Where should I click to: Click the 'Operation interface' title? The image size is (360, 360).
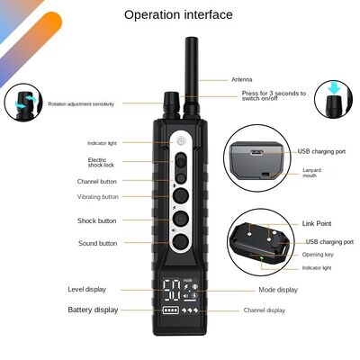(178, 14)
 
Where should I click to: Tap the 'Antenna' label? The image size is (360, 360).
(242, 79)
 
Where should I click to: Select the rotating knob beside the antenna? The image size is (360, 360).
(171, 105)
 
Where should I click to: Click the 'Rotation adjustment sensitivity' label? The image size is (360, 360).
(81, 104)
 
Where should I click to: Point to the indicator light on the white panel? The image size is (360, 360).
(181, 141)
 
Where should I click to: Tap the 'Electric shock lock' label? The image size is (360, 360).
(101, 162)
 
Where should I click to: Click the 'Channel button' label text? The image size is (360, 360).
(97, 182)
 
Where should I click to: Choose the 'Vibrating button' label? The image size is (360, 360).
(98, 197)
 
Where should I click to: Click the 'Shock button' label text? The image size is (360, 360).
(97, 220)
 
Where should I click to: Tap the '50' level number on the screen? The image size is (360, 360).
(172, 290)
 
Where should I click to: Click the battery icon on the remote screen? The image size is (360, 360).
(171, 310)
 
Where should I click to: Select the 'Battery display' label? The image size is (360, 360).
(93, 310)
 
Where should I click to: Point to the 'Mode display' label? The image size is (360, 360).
(278, 290)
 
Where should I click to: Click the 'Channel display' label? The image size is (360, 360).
(265, 310)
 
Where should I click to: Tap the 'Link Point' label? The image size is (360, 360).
(317, 223)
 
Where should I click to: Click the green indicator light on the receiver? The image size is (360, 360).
(262, 258)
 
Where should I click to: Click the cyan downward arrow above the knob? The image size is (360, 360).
(334, 87)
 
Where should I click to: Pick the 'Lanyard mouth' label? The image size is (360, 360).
(311, 173)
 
